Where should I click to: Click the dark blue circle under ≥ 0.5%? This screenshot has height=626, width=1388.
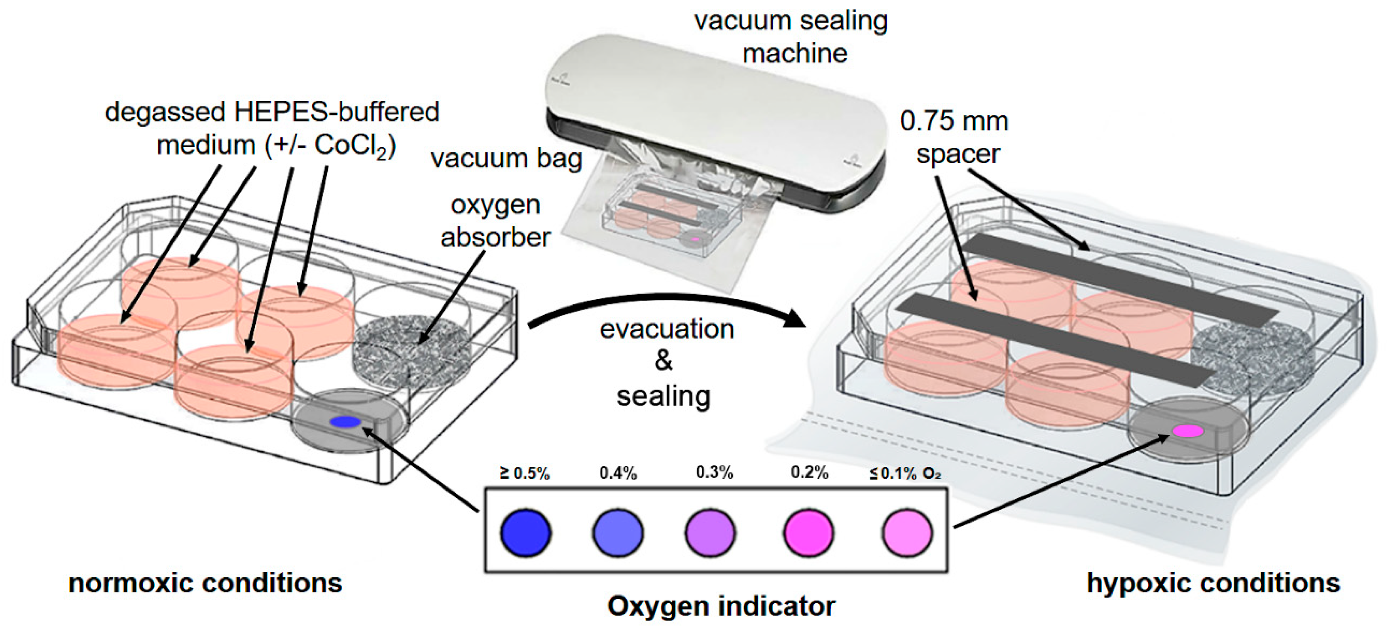(525, 532)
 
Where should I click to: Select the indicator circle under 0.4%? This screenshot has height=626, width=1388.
(618, 532)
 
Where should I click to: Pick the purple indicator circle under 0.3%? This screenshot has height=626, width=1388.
(710, 532)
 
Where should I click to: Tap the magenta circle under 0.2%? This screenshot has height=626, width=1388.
(808, 532)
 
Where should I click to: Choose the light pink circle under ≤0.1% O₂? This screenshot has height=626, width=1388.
(907, 532)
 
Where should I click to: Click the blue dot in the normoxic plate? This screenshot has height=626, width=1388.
(345, 422)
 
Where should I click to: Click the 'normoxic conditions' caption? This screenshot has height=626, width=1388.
(205, 583)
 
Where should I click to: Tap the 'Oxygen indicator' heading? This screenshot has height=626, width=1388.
(721, 605)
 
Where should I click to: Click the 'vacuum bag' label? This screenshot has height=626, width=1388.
(506, 158)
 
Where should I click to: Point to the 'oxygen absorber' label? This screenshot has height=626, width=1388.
(495, 221)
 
